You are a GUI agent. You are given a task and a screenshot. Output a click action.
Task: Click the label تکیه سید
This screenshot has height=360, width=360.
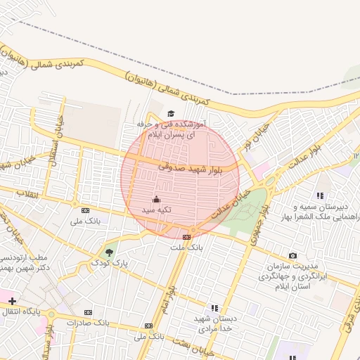click(x=157, y=210)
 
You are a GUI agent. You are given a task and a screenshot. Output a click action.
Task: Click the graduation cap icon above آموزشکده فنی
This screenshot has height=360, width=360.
click(x=171, y=113)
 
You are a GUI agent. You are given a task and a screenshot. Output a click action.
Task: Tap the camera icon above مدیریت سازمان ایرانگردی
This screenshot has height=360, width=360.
click(x=292, y=256)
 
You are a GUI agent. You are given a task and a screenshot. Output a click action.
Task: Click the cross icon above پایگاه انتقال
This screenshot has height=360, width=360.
click(x=13, y=301)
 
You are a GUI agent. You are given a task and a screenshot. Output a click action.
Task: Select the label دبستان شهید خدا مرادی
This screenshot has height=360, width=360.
click(x=214, y=323)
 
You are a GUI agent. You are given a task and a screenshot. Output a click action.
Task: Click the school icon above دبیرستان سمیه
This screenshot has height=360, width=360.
click(x=320, y=196)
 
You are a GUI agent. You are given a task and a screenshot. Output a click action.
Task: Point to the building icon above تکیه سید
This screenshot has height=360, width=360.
click(x=157, y=199)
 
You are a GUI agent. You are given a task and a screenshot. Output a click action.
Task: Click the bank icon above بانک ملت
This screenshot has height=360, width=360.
click(x=186, y=237)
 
